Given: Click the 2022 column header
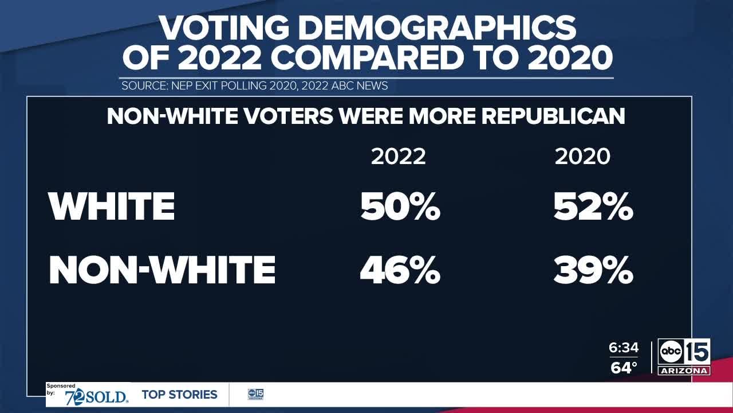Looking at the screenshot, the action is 398,157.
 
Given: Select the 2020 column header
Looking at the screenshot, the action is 582,157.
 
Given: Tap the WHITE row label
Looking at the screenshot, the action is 112,206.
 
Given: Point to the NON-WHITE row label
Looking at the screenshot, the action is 162,270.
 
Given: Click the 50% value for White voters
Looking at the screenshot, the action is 400,206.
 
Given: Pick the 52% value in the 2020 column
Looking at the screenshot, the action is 593,206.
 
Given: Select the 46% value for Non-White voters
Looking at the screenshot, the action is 400,270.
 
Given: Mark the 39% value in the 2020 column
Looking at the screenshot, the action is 593,270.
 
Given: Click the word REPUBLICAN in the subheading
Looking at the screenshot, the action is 553,116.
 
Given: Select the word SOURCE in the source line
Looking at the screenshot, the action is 144,86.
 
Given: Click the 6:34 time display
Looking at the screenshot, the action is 624,348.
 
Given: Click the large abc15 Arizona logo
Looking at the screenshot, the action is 684,357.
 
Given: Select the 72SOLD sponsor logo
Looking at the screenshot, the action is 96,398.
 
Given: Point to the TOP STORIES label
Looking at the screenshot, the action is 179,395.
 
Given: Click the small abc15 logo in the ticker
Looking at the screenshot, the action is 255,395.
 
